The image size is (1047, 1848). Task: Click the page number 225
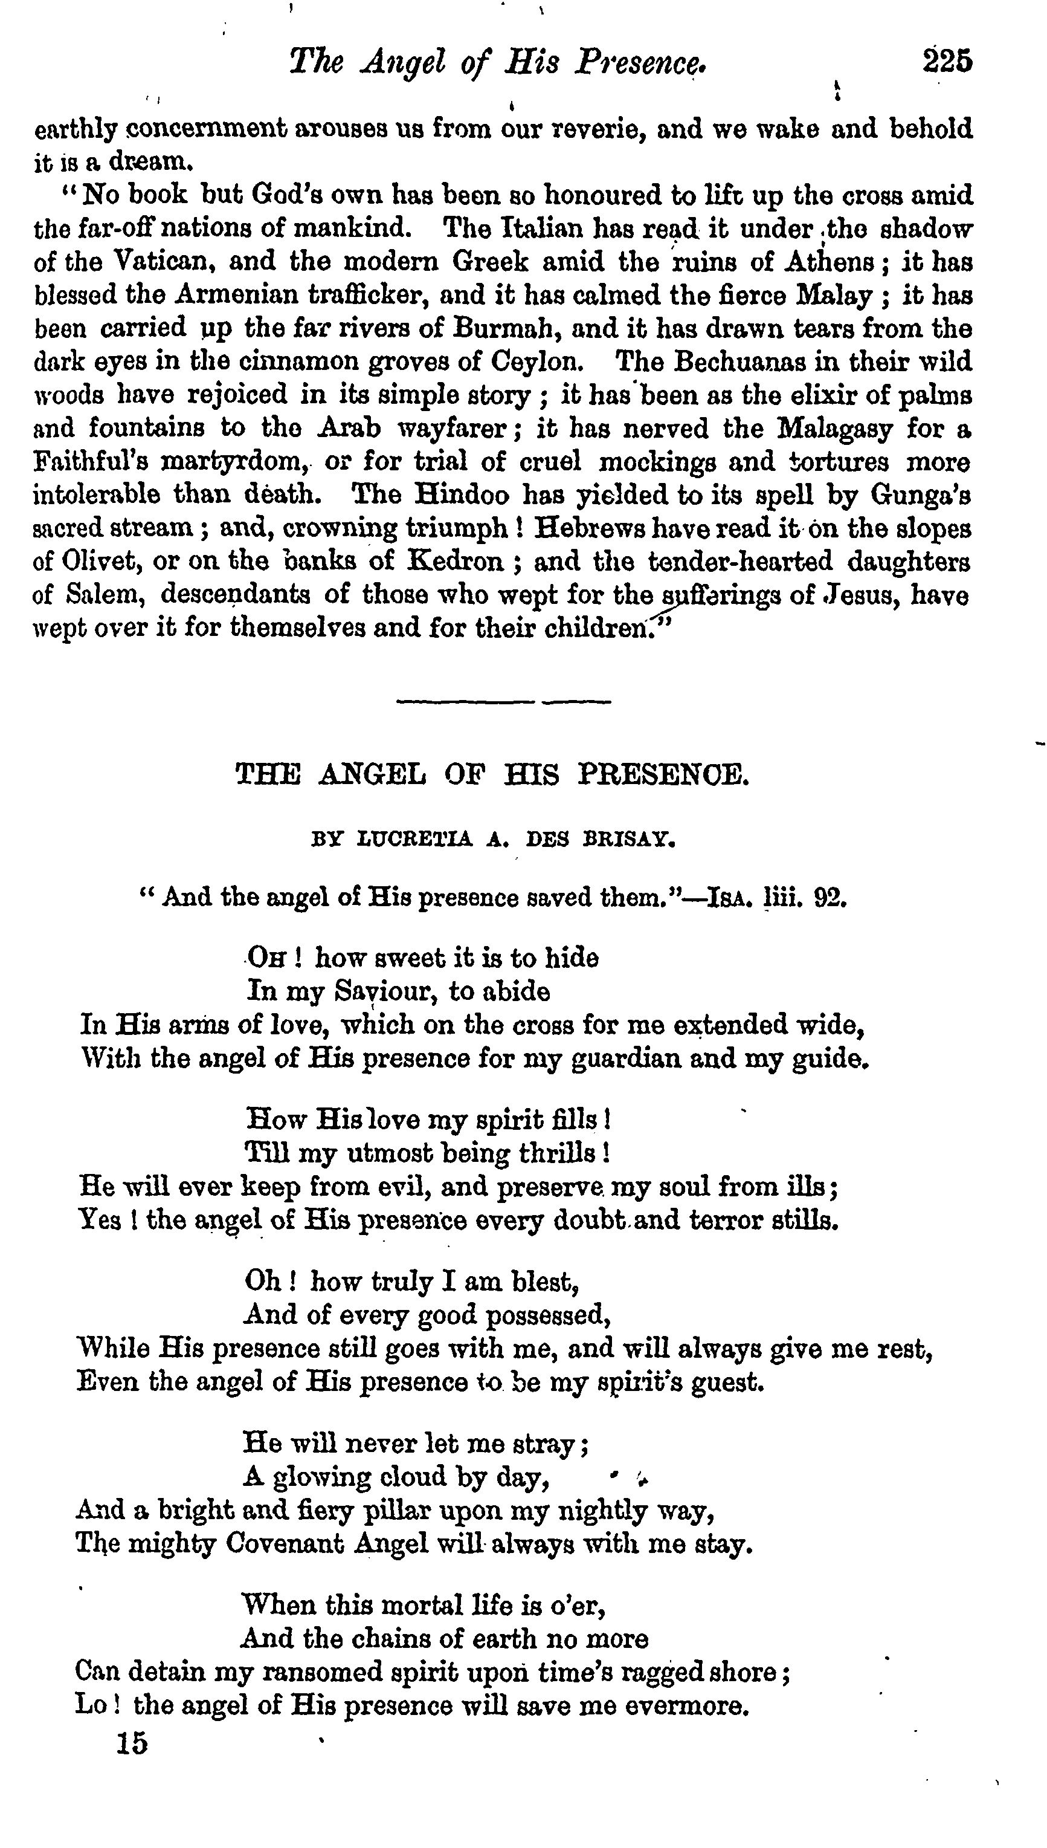pyautogui.click(x=947, y=61)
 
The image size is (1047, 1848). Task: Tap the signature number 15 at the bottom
pyautogui.click(x=132, y=1743)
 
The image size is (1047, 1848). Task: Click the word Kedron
pyautogui.click(x=454, y=561)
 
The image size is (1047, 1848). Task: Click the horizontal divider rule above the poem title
pyautogui.click(x=503, y=701)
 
